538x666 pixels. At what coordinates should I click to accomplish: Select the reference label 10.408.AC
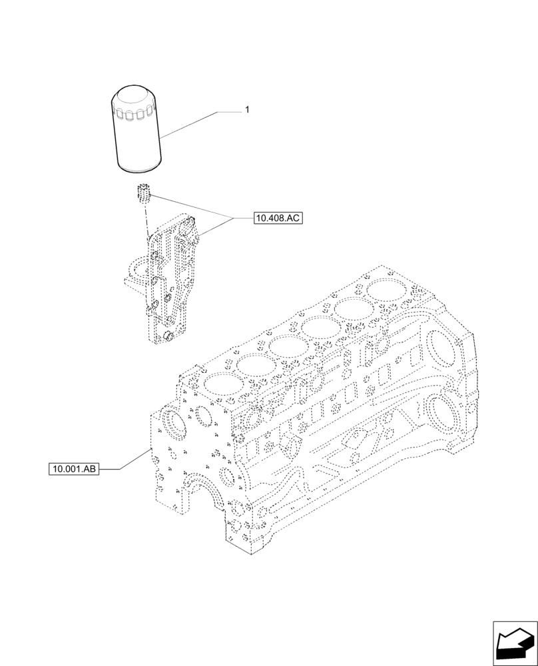(277, 218)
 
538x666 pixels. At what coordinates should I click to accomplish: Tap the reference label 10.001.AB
(73, 470)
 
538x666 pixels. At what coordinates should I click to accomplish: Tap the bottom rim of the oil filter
(138, 169)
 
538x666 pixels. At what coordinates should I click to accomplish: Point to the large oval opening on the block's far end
(441, 346)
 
